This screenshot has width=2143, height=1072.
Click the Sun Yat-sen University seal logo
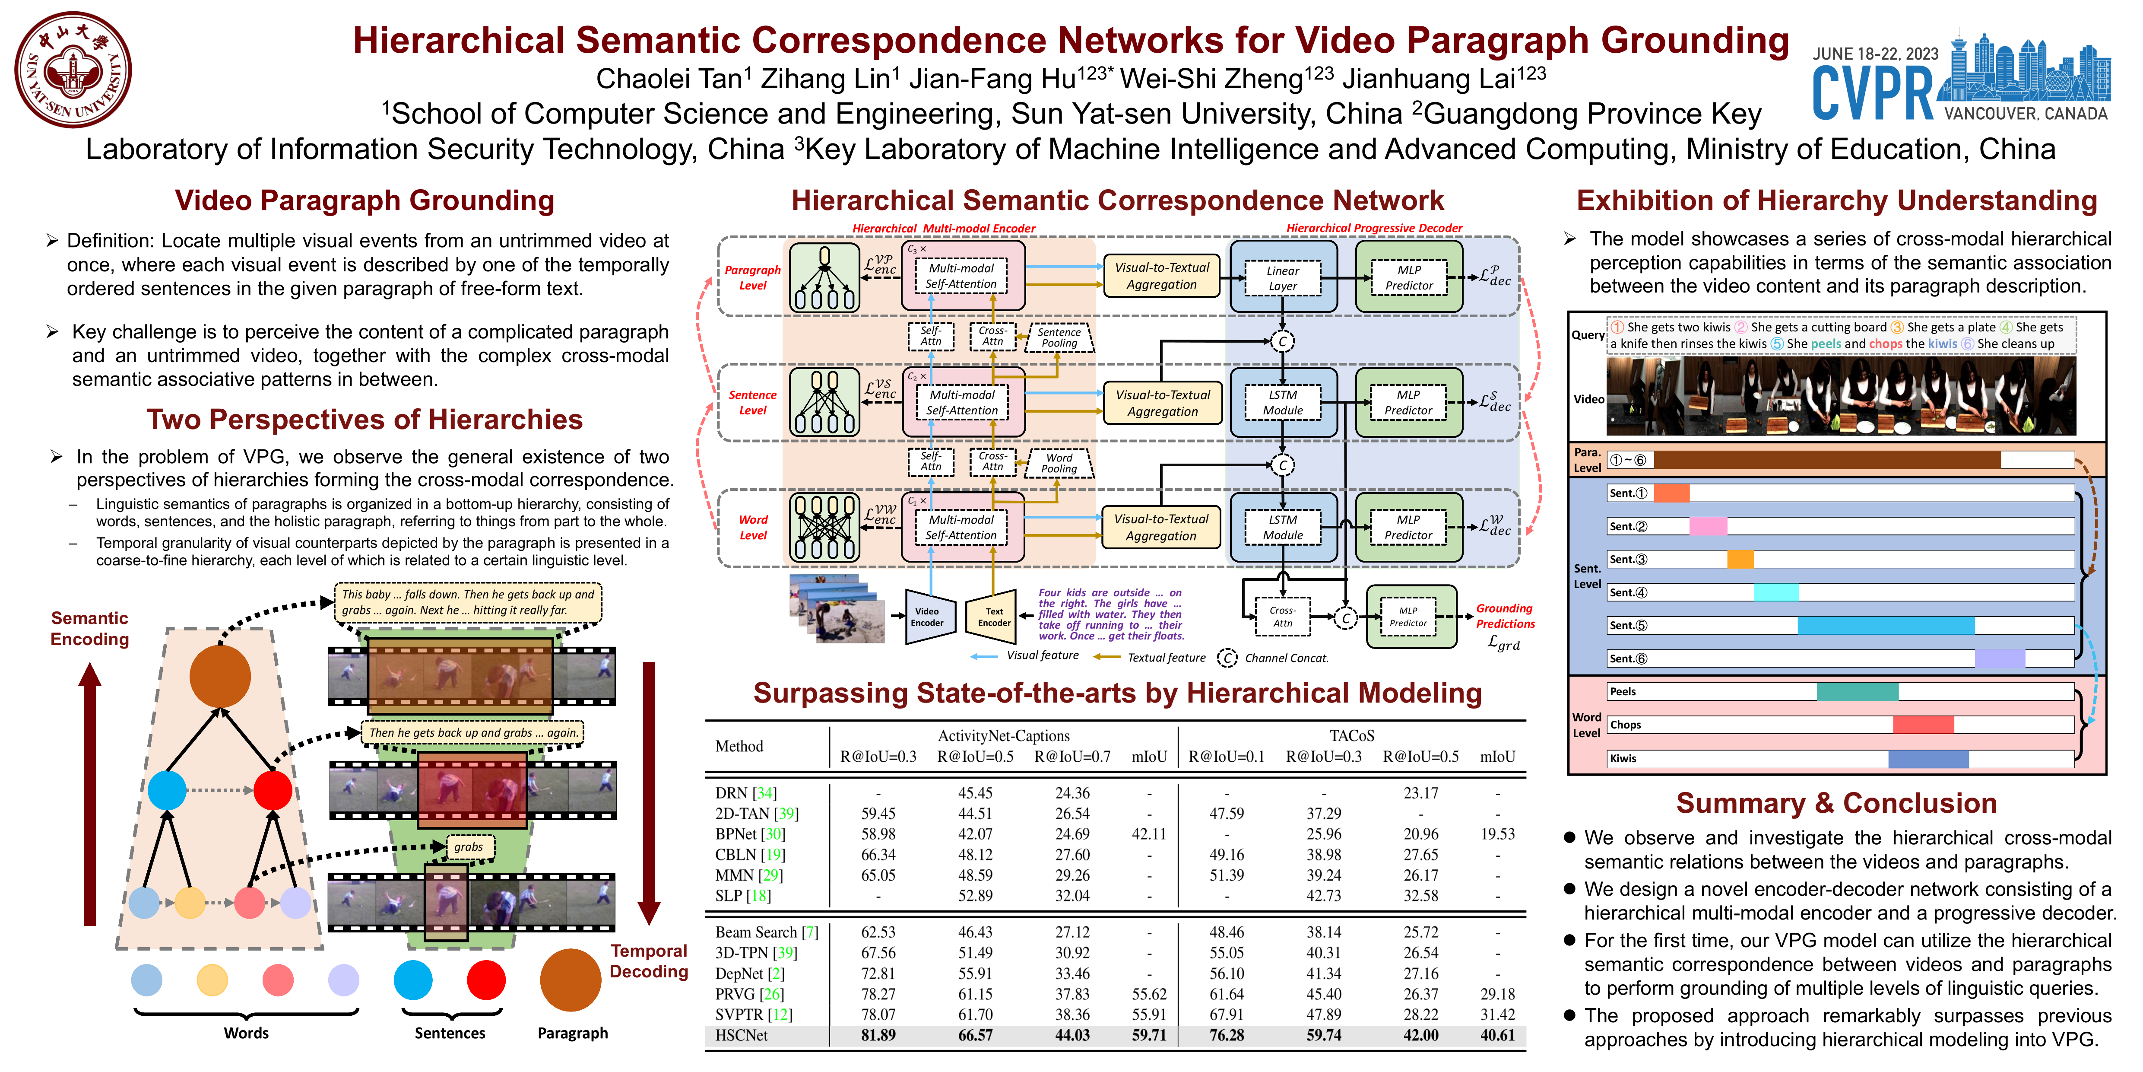pyautogui.click(x=73, y=70)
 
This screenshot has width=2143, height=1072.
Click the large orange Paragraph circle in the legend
pyautogui.click(x=571, y=980)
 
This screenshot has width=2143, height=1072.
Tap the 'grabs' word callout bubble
pyautogui.click(x=468, y=846)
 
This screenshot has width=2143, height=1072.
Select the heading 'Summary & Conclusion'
pyautogui.click(x=1836, y=803)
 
